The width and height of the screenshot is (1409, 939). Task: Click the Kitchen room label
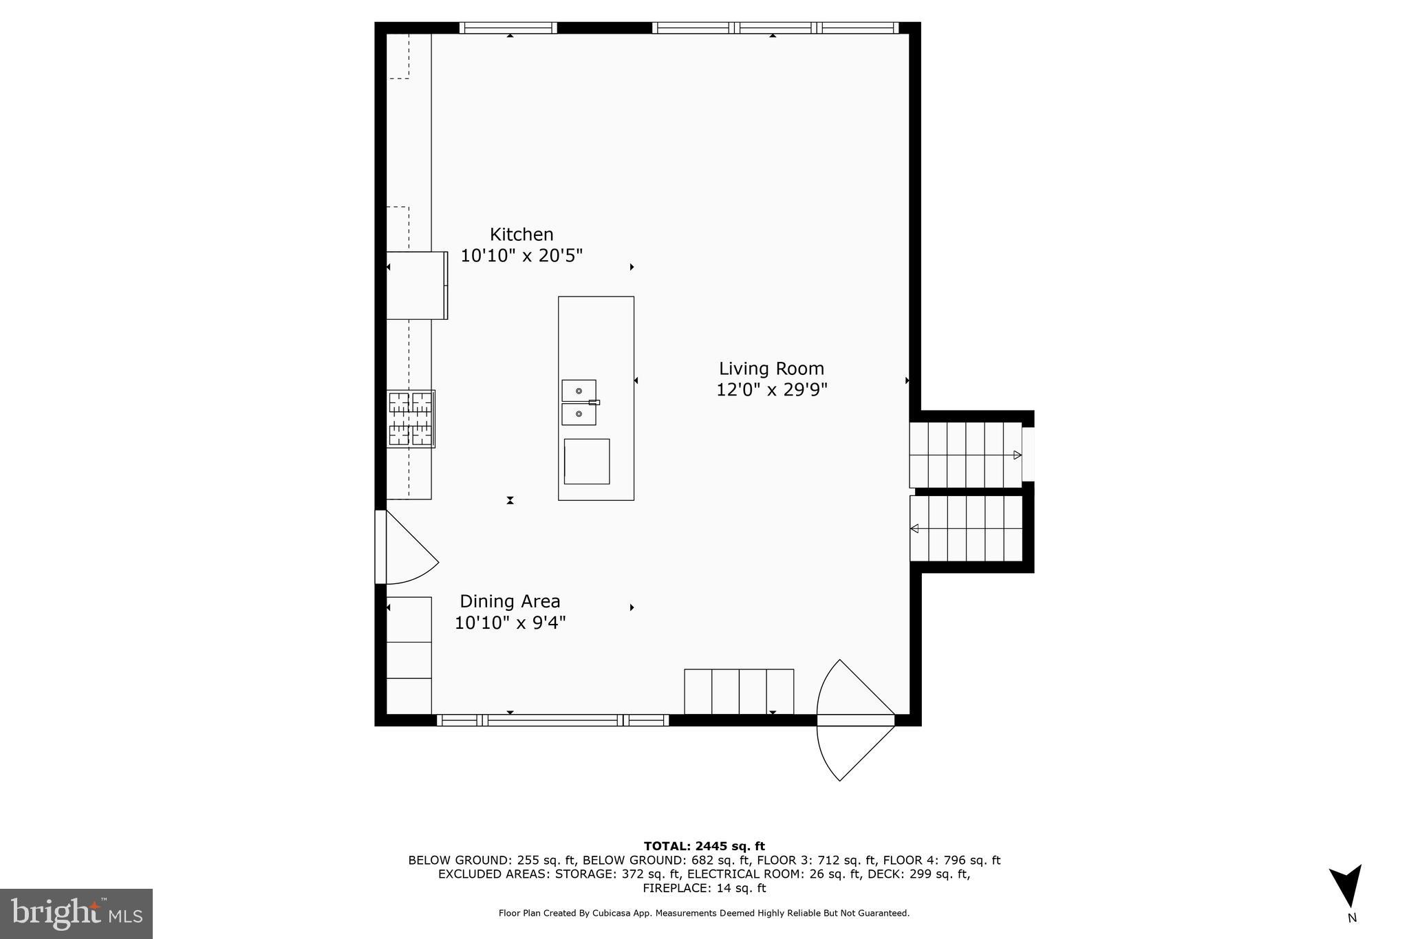[x=521, y=235]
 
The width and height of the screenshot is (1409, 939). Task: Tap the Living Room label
[x=771, y=369]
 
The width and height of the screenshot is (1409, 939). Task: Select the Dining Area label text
[x=510, y=601]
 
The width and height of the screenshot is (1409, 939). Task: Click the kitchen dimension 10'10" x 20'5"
[x=521, y=256]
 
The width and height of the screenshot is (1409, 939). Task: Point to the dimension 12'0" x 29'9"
[x=771, y=390]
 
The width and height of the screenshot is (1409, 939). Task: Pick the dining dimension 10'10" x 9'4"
[x=510, y=623]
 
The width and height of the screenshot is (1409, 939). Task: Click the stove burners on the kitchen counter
[x=411, y=419]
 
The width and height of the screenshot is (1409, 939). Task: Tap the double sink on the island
[x=579, y=402]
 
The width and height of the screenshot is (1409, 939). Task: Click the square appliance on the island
[x=587, y=461]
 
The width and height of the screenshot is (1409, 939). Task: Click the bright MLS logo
[x=76, y=914]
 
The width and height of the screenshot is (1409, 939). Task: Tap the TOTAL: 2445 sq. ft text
[x=704, y=846]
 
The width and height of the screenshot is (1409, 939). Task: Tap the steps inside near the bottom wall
[x=739, y=691]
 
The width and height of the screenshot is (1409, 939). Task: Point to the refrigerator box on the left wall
[x=416, y=285]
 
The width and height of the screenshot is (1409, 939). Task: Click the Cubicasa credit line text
[x=704, y=914]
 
